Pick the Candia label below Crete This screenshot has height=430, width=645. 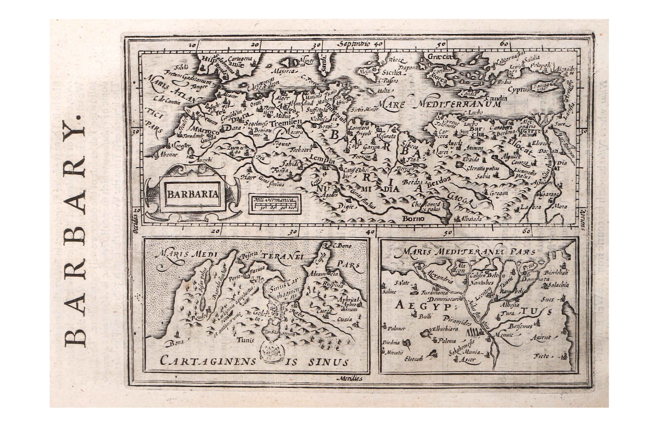496,98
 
